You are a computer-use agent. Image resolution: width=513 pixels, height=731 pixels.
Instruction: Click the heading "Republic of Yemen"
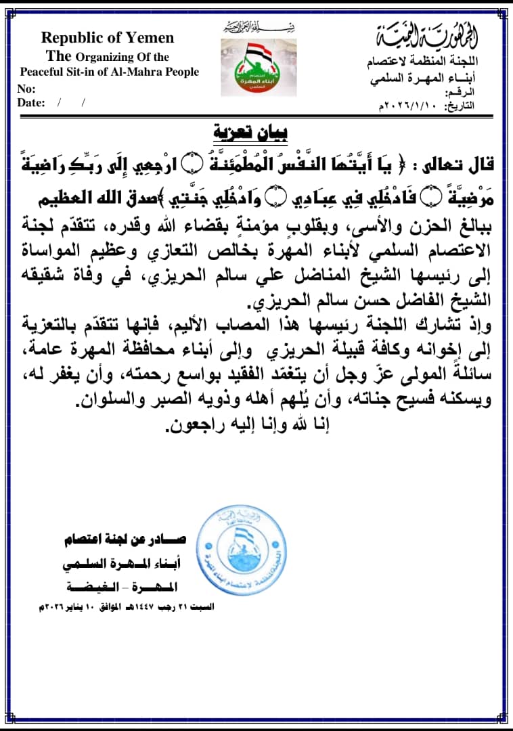[x=108, y=38]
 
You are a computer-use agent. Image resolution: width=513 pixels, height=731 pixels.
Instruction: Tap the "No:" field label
[x=26, y=89]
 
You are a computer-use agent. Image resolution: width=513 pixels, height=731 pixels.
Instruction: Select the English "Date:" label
[x=31, y=103]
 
